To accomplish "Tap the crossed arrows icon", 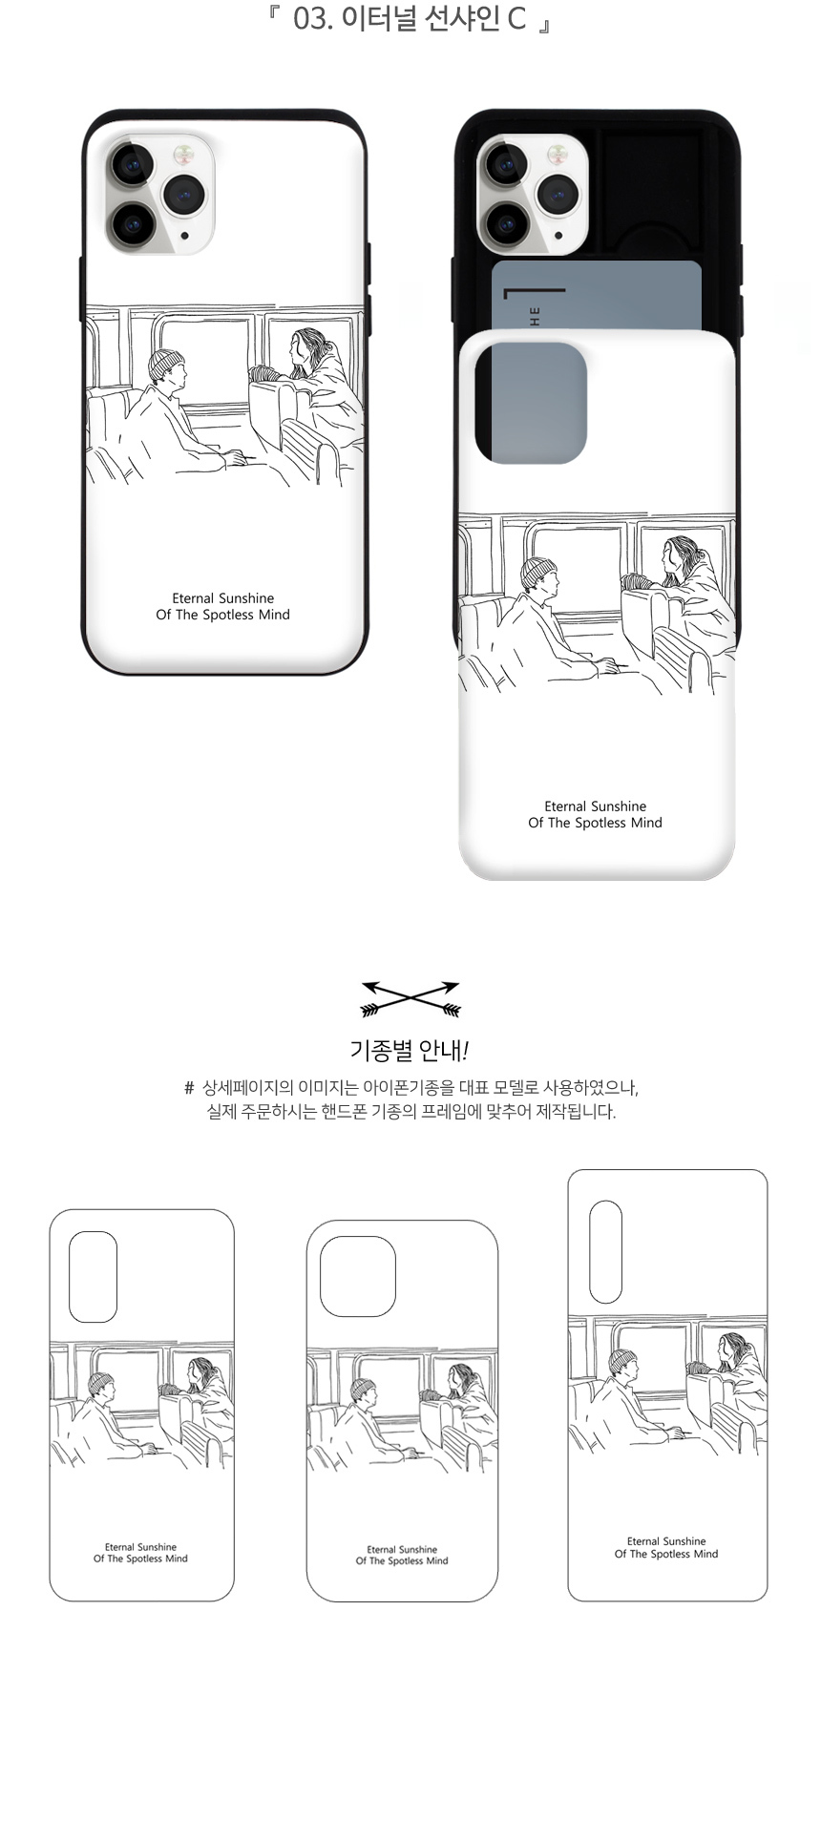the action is [410, 998].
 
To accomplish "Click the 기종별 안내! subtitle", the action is [410, 1051].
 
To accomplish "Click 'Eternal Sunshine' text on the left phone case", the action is [222, 598].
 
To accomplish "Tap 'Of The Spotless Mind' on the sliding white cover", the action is [595, 823].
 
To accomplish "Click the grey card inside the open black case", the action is [597, 296].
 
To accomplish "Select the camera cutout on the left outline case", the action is [94, 1276].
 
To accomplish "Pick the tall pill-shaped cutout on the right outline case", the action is [605, 1252].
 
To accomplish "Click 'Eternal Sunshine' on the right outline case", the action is [666, 1541].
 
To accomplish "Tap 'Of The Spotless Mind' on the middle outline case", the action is [402, 1561].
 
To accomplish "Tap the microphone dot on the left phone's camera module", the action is [184, 234].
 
